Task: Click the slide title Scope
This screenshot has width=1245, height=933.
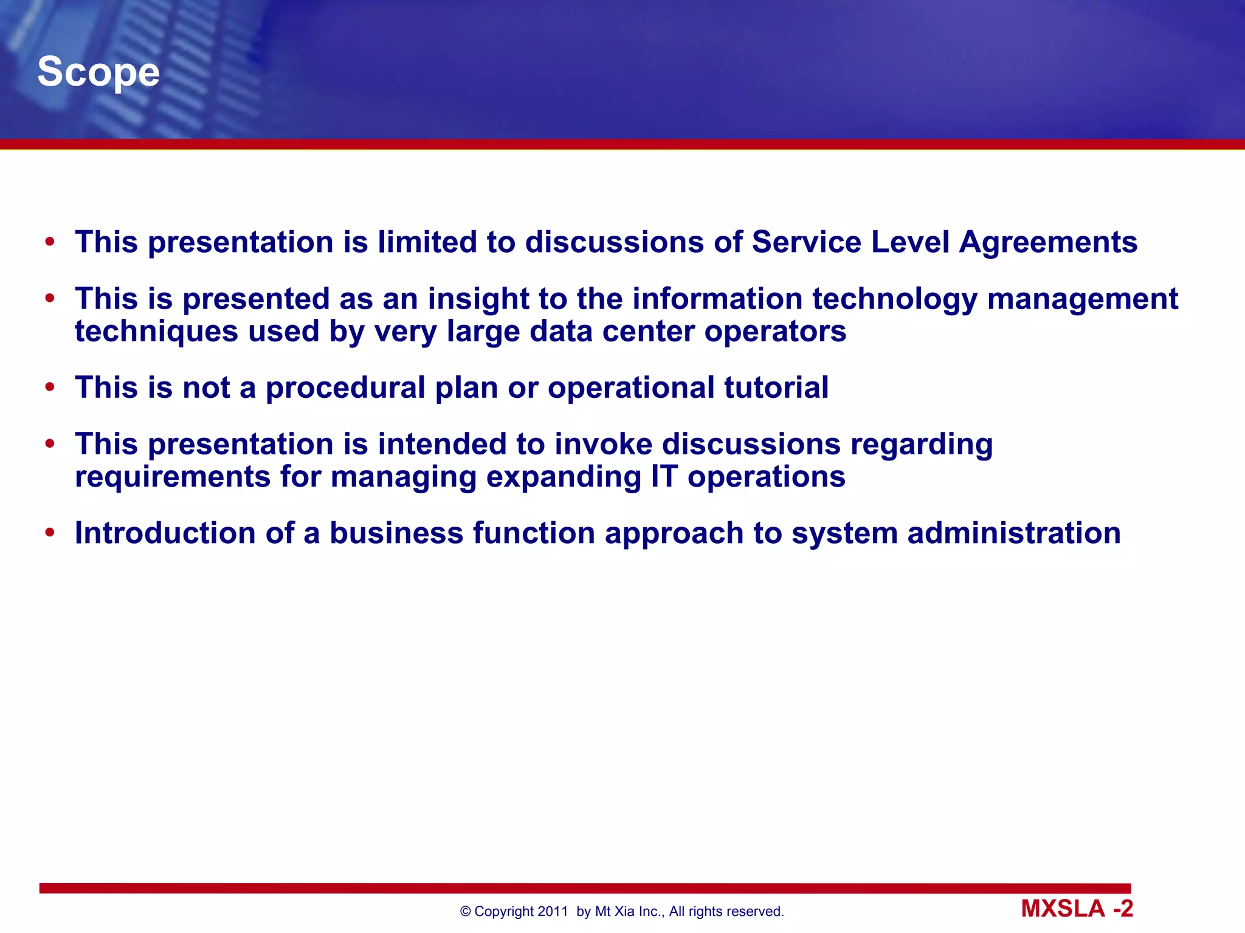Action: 98,72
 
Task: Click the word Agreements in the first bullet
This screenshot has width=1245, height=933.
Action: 1048,242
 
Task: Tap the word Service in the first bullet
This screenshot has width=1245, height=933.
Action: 806,242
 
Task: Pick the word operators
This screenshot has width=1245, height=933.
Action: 775,332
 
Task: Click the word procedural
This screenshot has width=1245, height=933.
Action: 345,388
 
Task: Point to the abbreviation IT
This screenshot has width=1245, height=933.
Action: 664,477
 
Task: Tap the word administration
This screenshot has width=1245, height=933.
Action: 1013,533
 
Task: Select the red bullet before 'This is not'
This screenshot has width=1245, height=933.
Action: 50,388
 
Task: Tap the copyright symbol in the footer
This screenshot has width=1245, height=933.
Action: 466,911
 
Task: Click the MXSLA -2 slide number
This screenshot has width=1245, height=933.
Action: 1077,909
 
